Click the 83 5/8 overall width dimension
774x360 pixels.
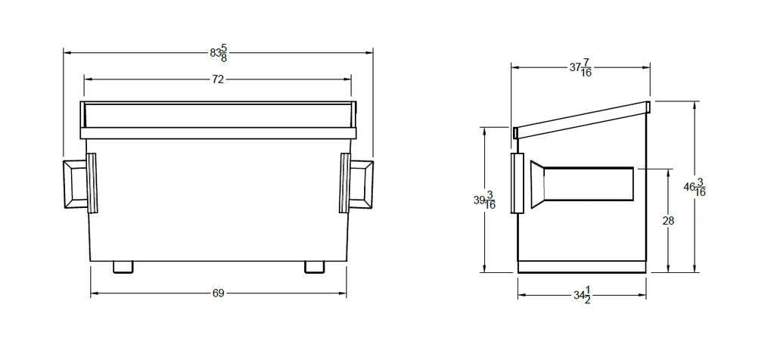[x=218, y=53]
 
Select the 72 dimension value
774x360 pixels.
[x=218, y=79]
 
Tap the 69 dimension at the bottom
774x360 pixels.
[x=218, y=293]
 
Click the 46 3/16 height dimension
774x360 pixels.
[x=695, y=187]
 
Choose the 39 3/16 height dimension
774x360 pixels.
[x=484, y=200]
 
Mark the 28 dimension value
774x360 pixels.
[x=667, y=221]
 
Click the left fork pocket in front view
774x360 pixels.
[x=75, y=183]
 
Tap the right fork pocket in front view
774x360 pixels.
[x=360, y=183]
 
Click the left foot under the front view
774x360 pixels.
[x=123, y=267]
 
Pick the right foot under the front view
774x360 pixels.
[x=314, y=267]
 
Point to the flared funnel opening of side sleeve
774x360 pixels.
[x=537, y=184]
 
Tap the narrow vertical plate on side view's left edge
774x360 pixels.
[x=518, y=183]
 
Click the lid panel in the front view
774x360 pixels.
[x=218, y=115]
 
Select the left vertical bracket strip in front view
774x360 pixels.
[x=92, y=183]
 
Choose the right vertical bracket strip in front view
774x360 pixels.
[x=344, y=183]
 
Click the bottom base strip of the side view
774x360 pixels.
[x=581, y=267]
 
